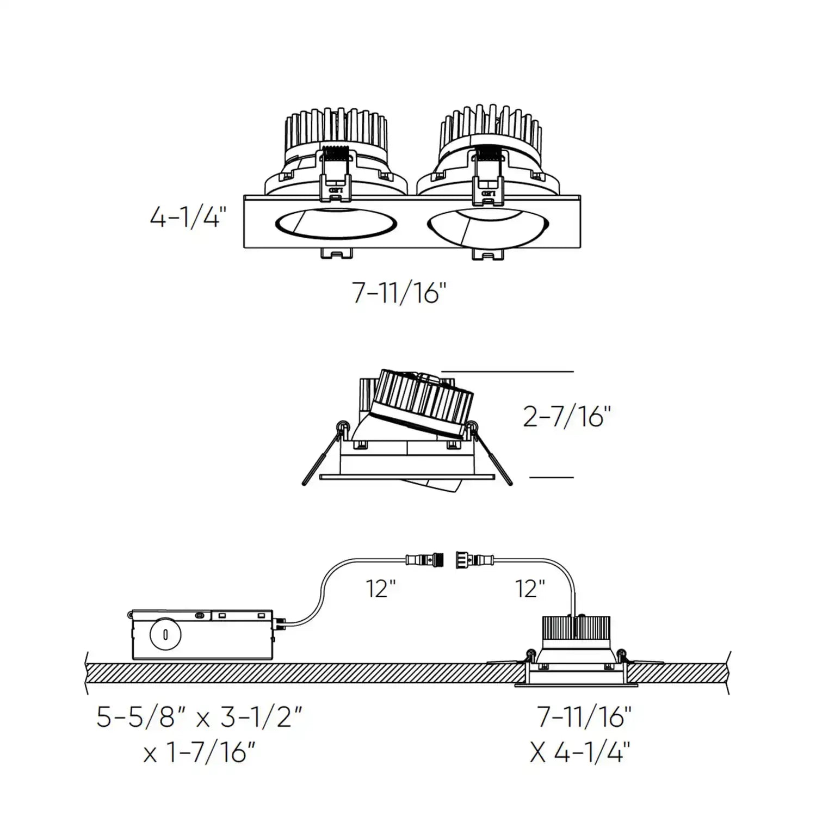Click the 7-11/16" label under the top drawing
tap(400, 294)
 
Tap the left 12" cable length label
tap(381, 589)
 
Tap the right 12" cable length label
tap(530, 589)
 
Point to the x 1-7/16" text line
tap(199, 753)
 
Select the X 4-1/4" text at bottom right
tap(580, 753)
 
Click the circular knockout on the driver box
tap(164, 634)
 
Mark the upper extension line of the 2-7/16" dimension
tap(508, 372)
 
